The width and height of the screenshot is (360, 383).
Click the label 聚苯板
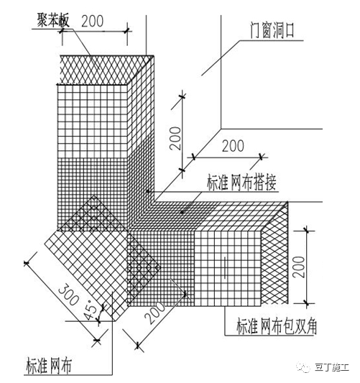coord(53,20)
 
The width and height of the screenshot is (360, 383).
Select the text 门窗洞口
coord(272,30)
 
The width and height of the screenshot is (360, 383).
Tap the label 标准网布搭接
coord(241,183)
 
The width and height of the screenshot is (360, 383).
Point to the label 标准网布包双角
coord(277,326)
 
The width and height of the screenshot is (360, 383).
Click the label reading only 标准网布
coord(49,366)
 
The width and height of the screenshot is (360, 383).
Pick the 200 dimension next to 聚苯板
coord(92,22)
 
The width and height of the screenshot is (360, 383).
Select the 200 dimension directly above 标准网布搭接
coord(233,146)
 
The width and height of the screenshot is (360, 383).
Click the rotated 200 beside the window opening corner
coord(176,138)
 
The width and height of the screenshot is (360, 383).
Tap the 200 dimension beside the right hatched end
coord(299,267)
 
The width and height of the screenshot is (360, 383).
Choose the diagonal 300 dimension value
coord(69,295)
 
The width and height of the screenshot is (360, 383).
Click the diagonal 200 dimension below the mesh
coord(154,313)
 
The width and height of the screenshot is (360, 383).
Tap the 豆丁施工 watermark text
coord(332,367)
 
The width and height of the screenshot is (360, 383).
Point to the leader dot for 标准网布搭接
coord(182,212)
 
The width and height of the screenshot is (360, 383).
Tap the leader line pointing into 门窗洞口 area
coord(220,58)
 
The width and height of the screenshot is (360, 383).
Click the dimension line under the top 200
coord(96,32)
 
